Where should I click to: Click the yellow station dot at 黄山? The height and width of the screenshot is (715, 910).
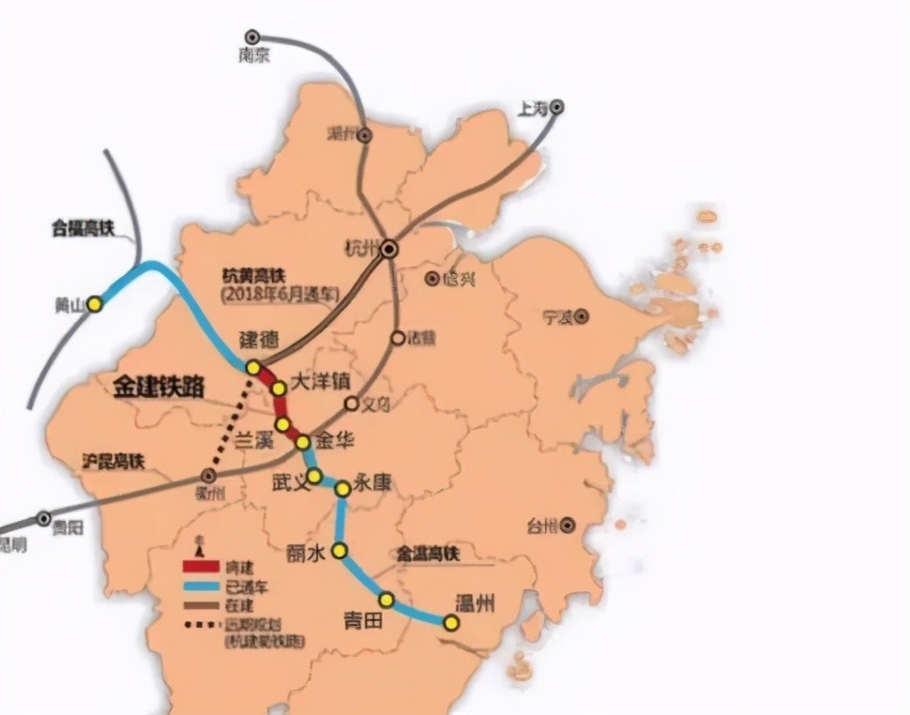(94, 305)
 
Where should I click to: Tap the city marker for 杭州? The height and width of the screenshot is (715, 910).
(388, 248)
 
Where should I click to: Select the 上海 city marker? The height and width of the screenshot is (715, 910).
(556, 108)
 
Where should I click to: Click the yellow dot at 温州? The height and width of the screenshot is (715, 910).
(451, 622)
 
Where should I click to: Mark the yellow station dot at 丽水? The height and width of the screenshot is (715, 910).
(340, 551)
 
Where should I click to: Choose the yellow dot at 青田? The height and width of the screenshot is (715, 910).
(386, 599)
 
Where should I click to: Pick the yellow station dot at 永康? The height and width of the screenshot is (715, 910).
(342, 488)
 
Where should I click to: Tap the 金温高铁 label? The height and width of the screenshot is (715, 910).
(428, 555)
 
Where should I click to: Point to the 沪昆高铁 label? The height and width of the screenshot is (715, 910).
(112, 460)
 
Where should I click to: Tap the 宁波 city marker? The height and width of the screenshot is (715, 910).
(582, 316)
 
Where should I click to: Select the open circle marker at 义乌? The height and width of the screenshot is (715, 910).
(352, 403)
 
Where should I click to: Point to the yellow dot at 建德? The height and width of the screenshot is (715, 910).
(253, 368)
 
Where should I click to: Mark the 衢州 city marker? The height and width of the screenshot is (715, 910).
(209, 476)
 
